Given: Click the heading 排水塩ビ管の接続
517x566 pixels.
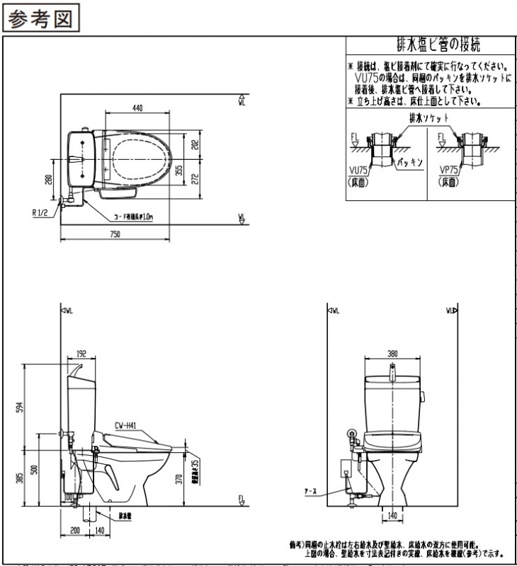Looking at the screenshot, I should pyautogui.click(x=431, y=46).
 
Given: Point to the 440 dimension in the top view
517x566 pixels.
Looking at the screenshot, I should pyautogui.click(x=137, y=108).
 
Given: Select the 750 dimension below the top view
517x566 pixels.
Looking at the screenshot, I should pyautogui.click(x=114, y=234).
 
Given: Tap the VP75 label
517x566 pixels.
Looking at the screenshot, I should pyautogui.click(x=449, y=171).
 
